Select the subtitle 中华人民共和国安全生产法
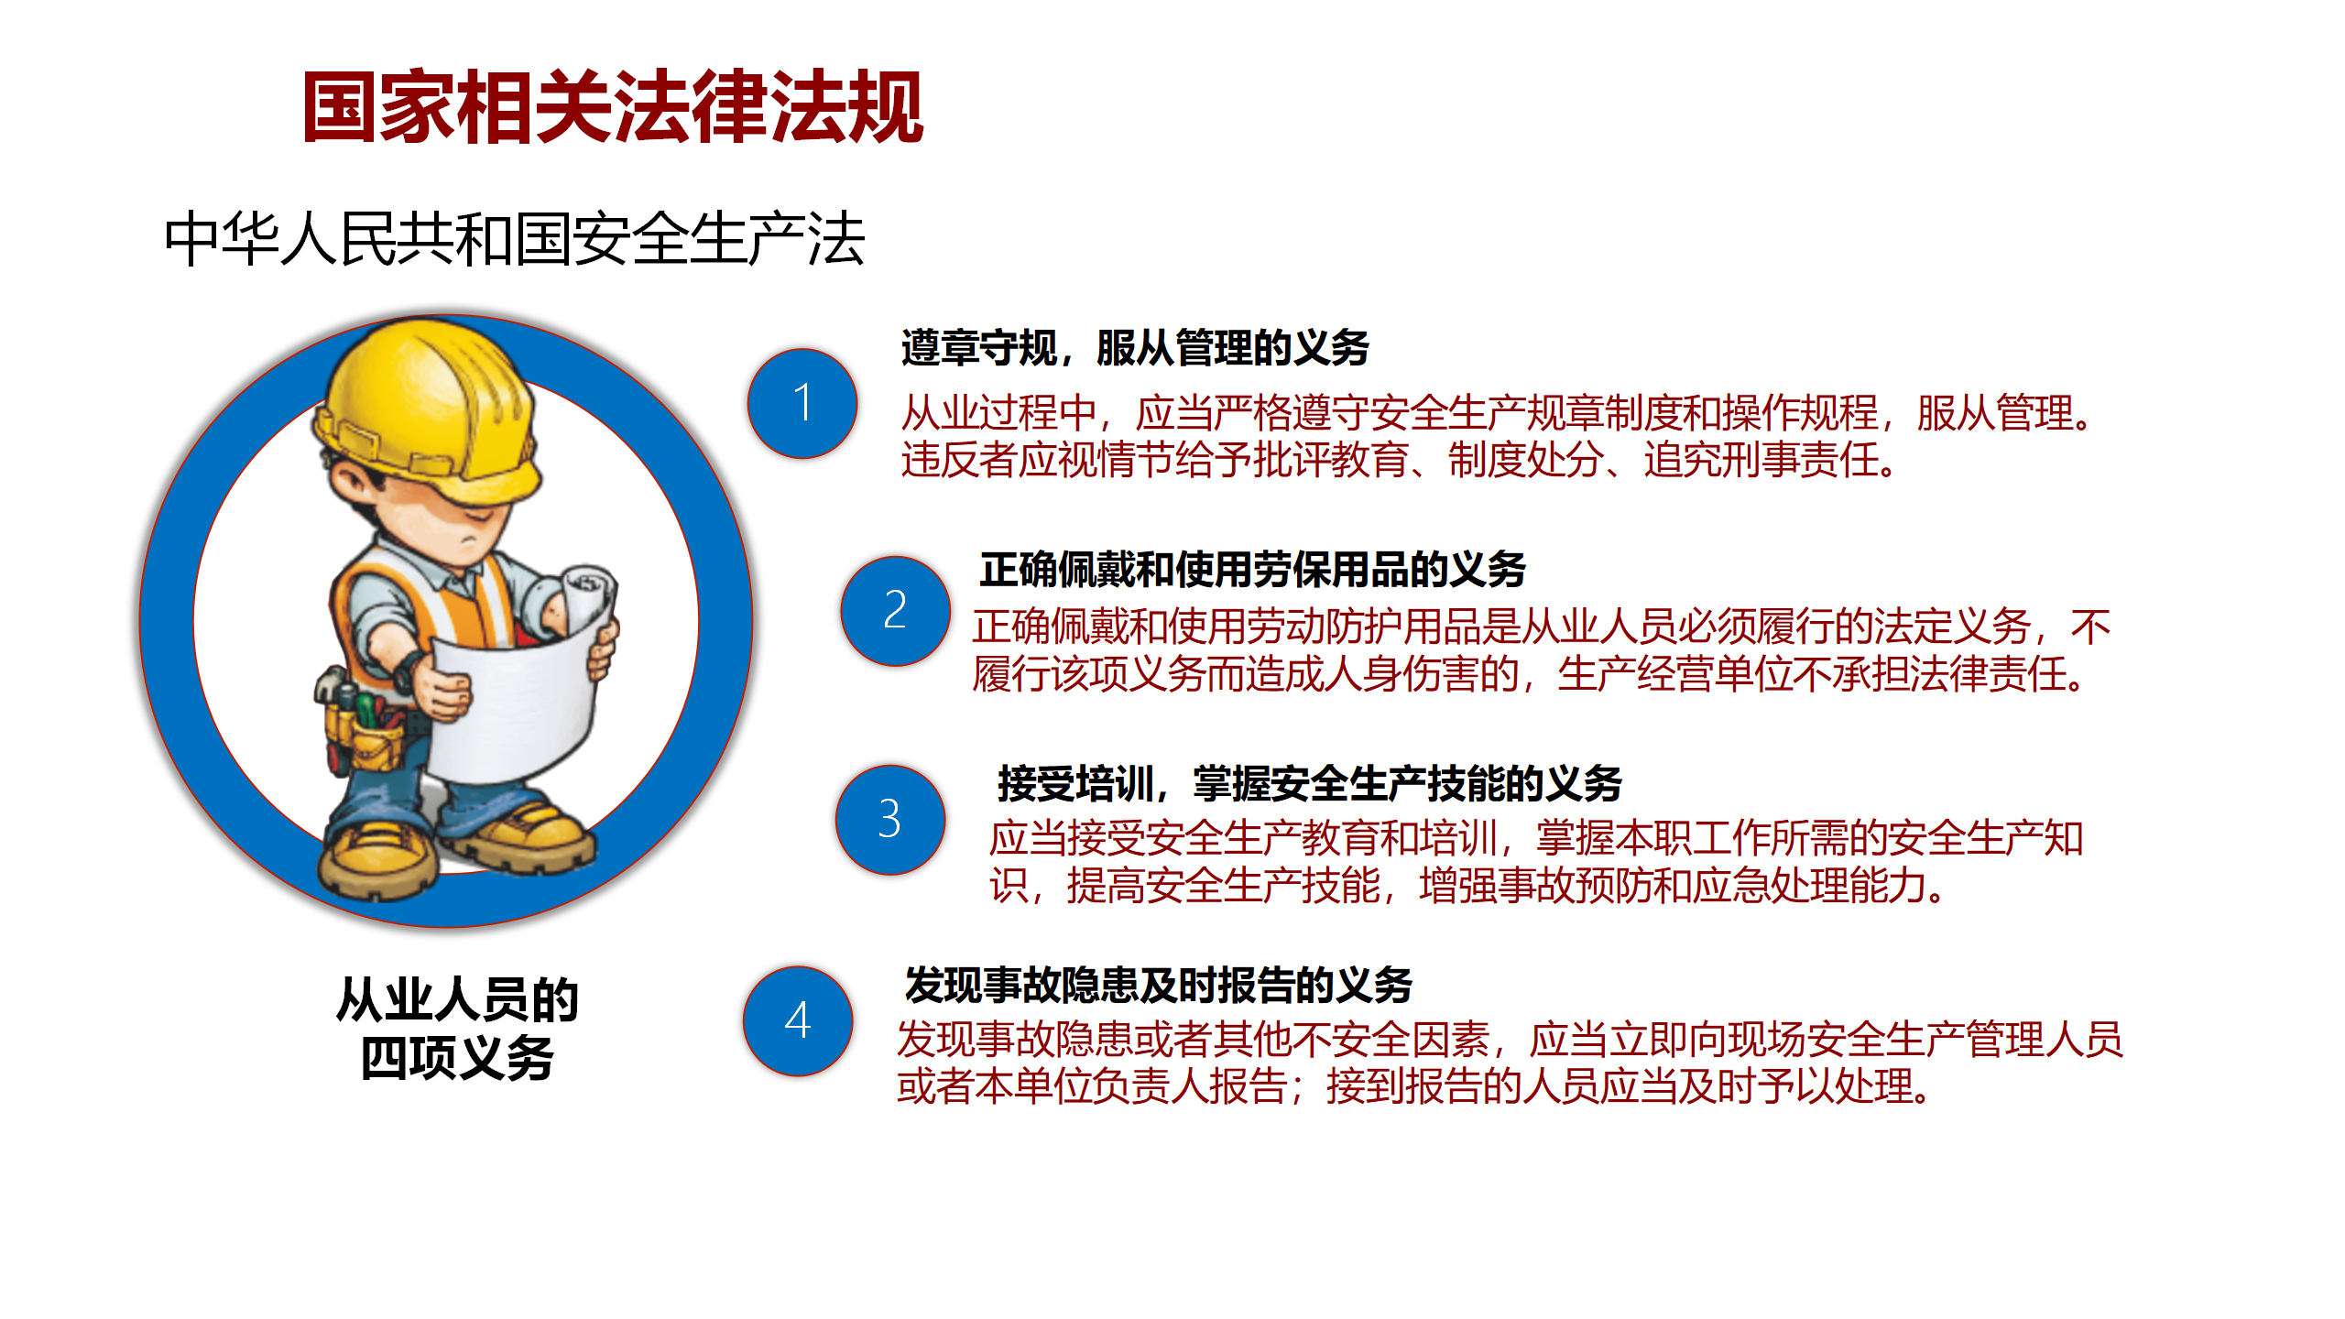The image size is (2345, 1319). click(x=515, y=239)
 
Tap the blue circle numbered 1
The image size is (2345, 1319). click(x=802, y=403)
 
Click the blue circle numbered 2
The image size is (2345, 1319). click(x=895, y=610)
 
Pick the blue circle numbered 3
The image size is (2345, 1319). click(x=889, y=819)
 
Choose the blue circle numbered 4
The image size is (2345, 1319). click(x=798, y=1020)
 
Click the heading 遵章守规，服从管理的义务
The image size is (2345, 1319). click(x=1135, y=347)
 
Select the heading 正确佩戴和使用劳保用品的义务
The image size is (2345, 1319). click(x=1252, y=569)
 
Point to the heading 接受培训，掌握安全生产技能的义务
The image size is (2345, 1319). click(x=1310, y=783)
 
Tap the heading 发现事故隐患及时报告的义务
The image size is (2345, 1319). click(x=1158, y=985)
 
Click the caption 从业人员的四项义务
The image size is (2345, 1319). click(x=457, y=1028)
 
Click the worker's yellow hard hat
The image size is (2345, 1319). click(x=427, y=403)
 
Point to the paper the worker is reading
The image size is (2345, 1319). click(x=513, y=705)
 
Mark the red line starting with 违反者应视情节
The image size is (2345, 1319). click(x=1400, y=460)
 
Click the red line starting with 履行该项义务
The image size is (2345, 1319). click(x=1531, y=674)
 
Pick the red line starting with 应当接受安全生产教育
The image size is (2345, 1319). click(x=1536, y=837)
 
